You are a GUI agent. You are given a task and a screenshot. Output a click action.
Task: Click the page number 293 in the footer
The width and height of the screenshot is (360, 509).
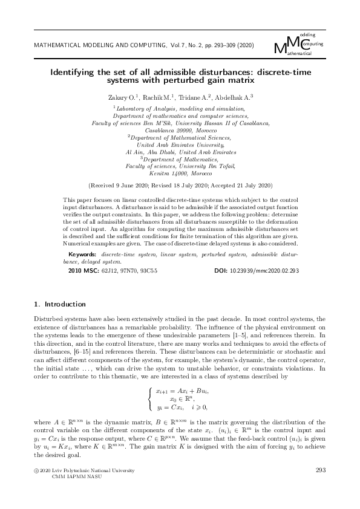321,470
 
